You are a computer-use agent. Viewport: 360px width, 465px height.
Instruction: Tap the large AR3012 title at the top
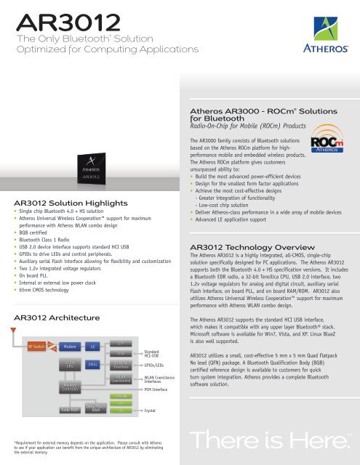point(55,16)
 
